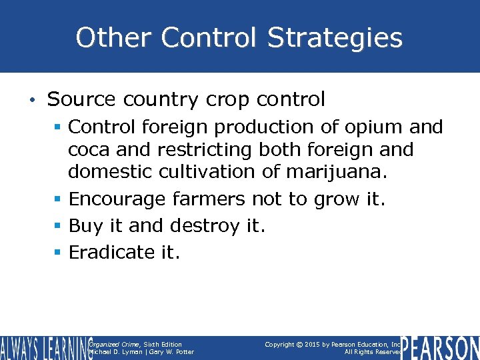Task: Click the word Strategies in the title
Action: pyautogui.click(x=335, y=38)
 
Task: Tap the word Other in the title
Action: pyautogui.click(x=112, y=38)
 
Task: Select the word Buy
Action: pyautogui.click(x=86, y=225)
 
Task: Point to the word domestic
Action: pyautogui.click(x=110, y=172)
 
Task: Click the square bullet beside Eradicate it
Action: pyautogui.click(x=59, y=253)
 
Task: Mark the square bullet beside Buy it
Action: pyautogui.click(x=59, y=226)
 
